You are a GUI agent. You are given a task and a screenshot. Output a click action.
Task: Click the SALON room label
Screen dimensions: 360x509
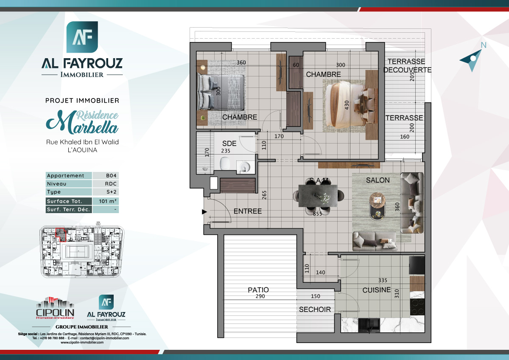[x=378, y=180]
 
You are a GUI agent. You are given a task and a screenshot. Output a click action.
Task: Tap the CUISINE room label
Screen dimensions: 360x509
[x=376, y=290]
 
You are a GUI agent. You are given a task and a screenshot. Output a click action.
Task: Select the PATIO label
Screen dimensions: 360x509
[x=258, y=290]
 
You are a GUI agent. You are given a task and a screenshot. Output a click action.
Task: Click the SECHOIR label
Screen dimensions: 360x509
[x=315, y=309]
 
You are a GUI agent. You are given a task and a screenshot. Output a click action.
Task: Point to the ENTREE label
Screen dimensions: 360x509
[x=248, y=211]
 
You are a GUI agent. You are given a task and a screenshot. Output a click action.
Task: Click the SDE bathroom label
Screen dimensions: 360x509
[x=229, y=144]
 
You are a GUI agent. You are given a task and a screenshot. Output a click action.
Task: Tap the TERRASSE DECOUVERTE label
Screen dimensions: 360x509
[x=407, y=66]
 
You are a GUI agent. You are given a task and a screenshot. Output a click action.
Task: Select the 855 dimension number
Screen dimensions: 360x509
[x=317, y=214]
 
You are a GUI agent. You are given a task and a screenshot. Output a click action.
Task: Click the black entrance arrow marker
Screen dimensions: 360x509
[x=204, y=211]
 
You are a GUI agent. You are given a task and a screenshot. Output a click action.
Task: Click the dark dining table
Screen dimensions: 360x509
[x=318, y=194]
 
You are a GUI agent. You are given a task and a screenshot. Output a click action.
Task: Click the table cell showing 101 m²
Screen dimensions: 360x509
[x=106, y=201]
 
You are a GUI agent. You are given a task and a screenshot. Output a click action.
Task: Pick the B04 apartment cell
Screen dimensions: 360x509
[x=106, y=176]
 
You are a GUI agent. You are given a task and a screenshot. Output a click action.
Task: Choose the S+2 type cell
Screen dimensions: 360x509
[x=106, y=192]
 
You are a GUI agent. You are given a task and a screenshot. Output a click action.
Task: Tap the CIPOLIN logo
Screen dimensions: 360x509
[x=56, y=308]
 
